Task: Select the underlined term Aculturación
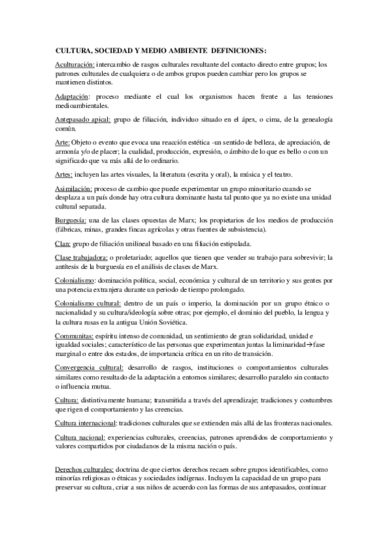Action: (75, 64)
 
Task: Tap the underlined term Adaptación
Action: (73, 96)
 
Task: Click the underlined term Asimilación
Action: (74, 188)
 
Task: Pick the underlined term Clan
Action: (63, 243)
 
